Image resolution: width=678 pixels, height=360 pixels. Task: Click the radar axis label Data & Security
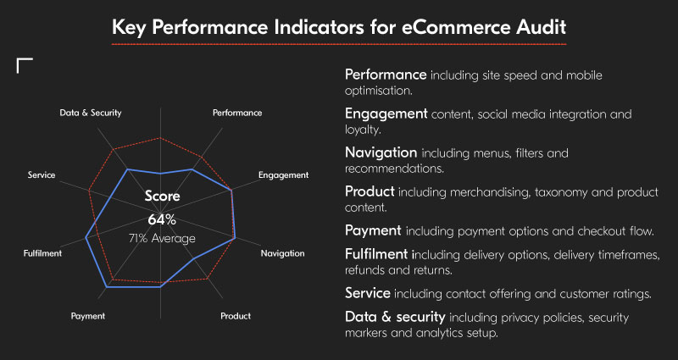pos(91,112)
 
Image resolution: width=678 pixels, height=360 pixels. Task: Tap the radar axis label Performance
pos(237,112)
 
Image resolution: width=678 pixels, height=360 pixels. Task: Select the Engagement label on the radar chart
pos(284,175)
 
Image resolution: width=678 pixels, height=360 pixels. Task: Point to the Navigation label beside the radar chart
pos(283,253)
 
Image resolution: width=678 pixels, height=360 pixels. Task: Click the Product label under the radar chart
pos(236,316)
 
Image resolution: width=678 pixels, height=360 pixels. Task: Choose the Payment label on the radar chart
pos(88,316)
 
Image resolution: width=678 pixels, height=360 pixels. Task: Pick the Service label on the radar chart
pos(42,175)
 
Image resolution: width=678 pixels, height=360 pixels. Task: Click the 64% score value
pos(161,219)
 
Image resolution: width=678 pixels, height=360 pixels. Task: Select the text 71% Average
pos(162,238)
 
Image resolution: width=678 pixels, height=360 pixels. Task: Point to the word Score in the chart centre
pos(162,197)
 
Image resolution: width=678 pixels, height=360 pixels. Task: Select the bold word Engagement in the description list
pos(386,114)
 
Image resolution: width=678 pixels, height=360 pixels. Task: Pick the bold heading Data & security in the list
pos(395,317)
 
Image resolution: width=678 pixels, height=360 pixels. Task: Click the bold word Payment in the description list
pos(373,230)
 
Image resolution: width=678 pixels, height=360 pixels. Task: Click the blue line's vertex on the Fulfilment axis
pos(86,239)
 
